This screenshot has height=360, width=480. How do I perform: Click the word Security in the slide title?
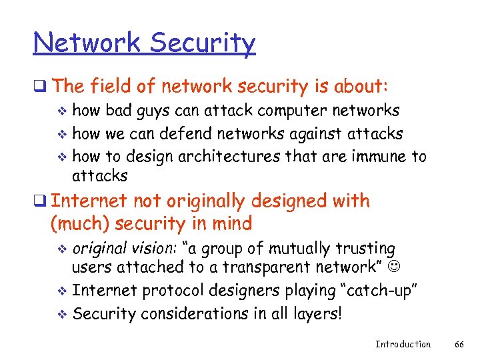[x=203, y=43]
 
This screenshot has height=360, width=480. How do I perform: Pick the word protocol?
[x=167, y=291]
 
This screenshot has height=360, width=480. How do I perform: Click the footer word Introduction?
[x=403, y=344]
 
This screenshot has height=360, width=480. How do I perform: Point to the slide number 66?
[x=459, y=344]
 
